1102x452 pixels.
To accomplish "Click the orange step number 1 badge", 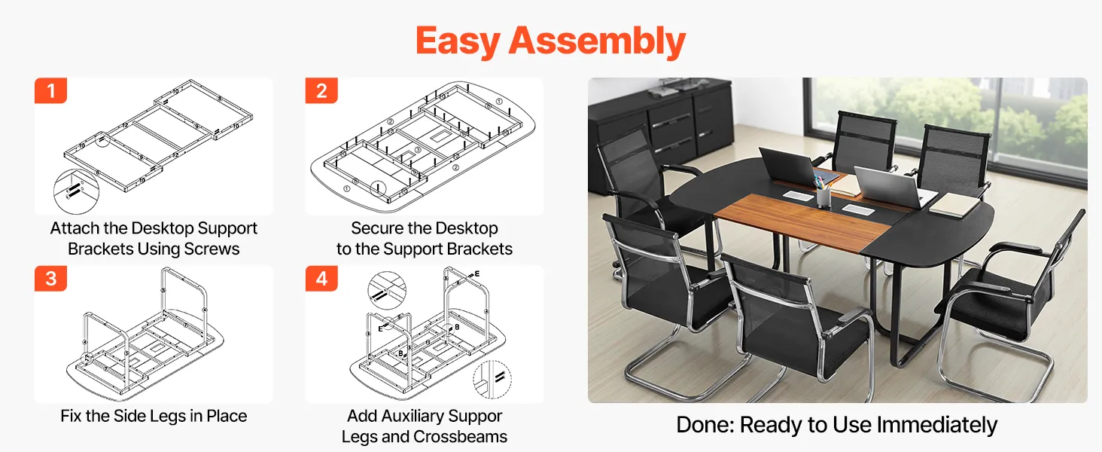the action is click(x=50, y=90).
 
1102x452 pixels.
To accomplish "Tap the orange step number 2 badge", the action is click(x=321, y=90).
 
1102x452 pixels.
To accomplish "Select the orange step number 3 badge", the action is click(x=50, y=279).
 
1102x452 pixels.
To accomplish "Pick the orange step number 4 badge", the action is click(x=321, y=279).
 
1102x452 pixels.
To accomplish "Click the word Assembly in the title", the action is click(x=597, y=41).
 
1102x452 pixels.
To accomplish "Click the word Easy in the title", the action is click(x=458, y=41).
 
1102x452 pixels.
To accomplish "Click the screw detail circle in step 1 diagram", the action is click(x=76, y=191).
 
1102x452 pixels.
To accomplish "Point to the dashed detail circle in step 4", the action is click(x=492, y=379).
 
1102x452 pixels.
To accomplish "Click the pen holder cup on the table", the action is click(x=823, y=196).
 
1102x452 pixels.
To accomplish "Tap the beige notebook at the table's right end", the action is click(x=955, y=204).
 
